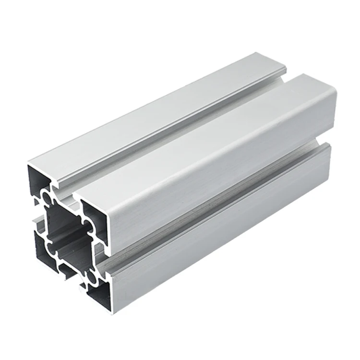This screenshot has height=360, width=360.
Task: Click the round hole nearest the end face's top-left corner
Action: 47,198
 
